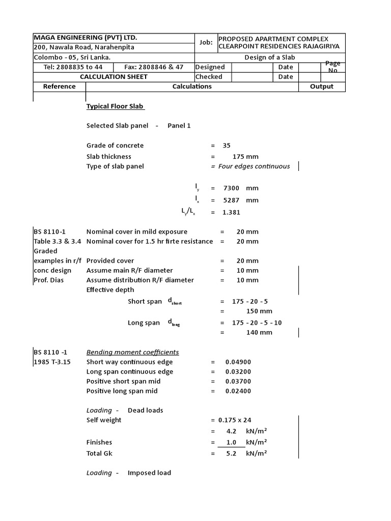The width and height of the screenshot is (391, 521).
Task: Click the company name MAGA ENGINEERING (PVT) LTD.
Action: click(85, 38)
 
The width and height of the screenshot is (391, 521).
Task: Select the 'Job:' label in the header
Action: click(206, 43)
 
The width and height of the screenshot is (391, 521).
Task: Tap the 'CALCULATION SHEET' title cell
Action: click(114, 77)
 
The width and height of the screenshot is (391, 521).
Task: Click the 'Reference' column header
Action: click(59, 86)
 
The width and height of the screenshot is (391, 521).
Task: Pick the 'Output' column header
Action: click(322, 86)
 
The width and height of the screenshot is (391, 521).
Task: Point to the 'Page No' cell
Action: click(332, 67)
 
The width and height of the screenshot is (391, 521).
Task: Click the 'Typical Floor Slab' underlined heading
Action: click(116, 106)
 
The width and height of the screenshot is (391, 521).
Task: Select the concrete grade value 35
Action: click(227, 146)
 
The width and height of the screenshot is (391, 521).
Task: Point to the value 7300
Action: click(231, 188)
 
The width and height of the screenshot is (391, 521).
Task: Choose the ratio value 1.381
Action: click(231, 212)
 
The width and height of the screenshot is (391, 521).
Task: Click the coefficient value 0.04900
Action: click(238, 362)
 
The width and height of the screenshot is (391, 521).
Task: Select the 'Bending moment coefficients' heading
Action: click(132, 352)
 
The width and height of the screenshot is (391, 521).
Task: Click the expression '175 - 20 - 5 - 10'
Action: click(257, 323)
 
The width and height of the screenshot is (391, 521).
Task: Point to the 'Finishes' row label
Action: click(99, 443)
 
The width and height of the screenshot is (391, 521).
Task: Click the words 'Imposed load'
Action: click(149, 473)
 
